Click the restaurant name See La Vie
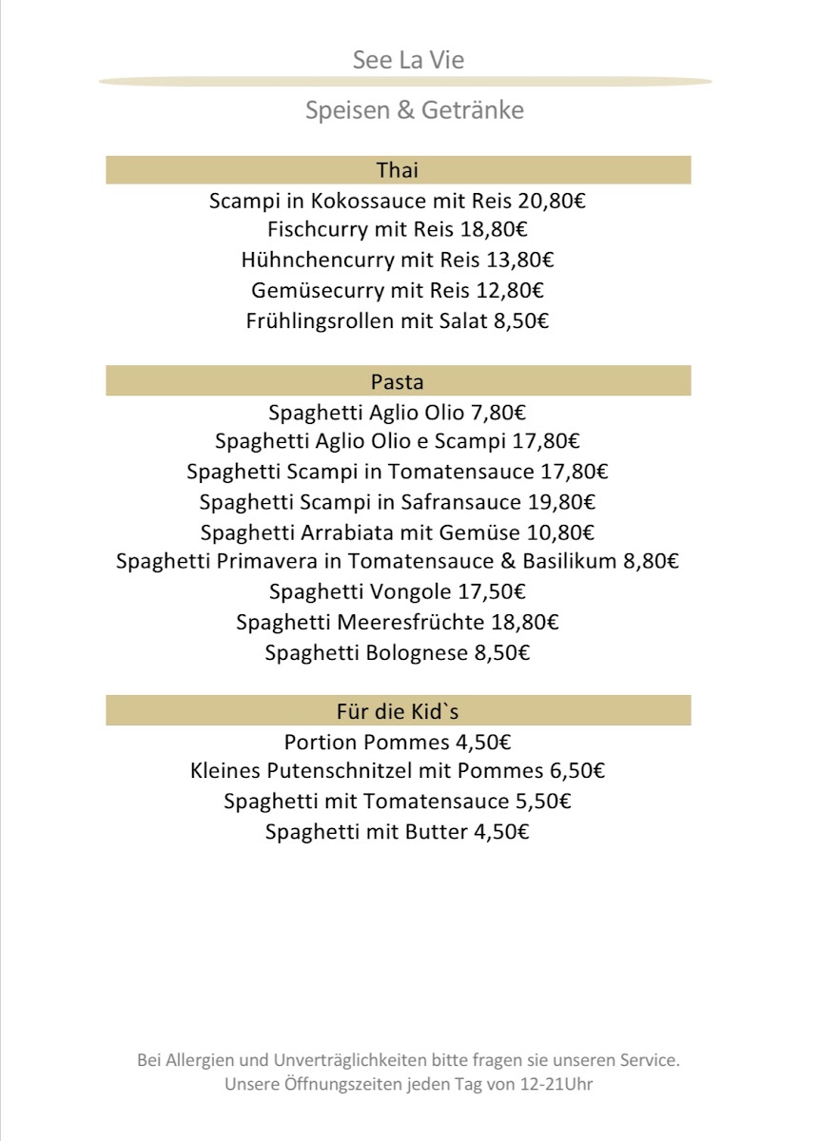408,61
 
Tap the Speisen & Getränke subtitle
414,110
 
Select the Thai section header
398,170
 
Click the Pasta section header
398,382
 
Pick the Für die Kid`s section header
398,711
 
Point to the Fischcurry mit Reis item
398,230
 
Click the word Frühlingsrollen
320,320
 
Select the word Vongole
408,591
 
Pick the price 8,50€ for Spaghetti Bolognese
500,653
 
